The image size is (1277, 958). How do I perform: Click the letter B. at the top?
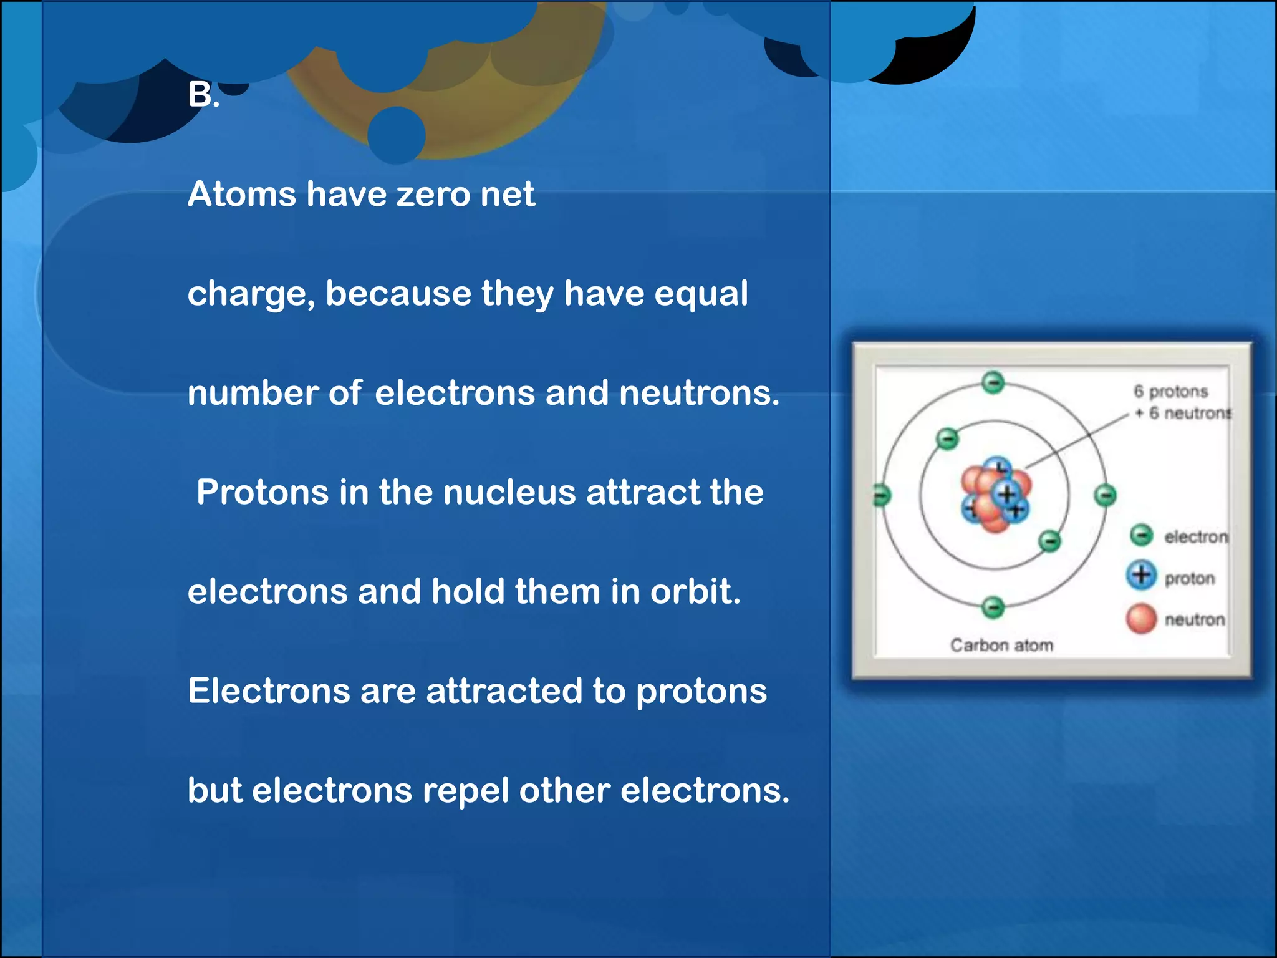coord(203,95)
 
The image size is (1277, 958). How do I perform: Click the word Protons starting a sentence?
coord(262,492)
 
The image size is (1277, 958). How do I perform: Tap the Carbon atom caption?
coord(1001,645)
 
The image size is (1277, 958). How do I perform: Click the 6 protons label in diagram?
coord(1170,391)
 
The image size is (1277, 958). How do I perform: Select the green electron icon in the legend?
coord(1141,535)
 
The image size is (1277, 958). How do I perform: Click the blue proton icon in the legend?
coord(1141,574)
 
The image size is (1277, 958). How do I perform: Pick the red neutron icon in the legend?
coord(1141,618)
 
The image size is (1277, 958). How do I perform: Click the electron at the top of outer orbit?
coord(993,382)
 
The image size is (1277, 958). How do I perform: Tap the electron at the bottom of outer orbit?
coord(993,606)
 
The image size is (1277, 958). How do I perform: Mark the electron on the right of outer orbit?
coord(1105,496)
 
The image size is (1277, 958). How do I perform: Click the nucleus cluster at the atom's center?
coord(996,496)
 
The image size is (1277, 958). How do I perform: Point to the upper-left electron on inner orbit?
coord(947,439)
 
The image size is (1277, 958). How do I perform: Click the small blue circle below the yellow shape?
coord(396,135)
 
